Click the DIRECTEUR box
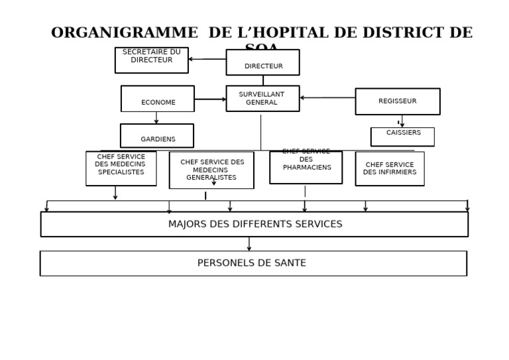point(262,62)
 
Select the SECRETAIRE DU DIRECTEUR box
point(151,60)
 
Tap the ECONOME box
point(158,99)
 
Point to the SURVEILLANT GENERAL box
point(262,98)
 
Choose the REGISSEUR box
point(398,101)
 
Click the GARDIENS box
point(157,136)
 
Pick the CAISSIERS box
point(402,137)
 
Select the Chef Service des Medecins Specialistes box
point(121,168)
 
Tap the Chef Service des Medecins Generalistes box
point(211,170)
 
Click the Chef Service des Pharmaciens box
point(306,167)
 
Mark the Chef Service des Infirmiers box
point(390,168)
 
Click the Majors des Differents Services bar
point(254,224)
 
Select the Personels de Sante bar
point(253,263)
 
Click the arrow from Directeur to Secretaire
point(207,59)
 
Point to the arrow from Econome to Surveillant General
point(210,99)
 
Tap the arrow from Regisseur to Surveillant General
point(327,98)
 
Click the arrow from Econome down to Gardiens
point(156,117)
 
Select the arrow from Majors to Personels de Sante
point(249,244)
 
